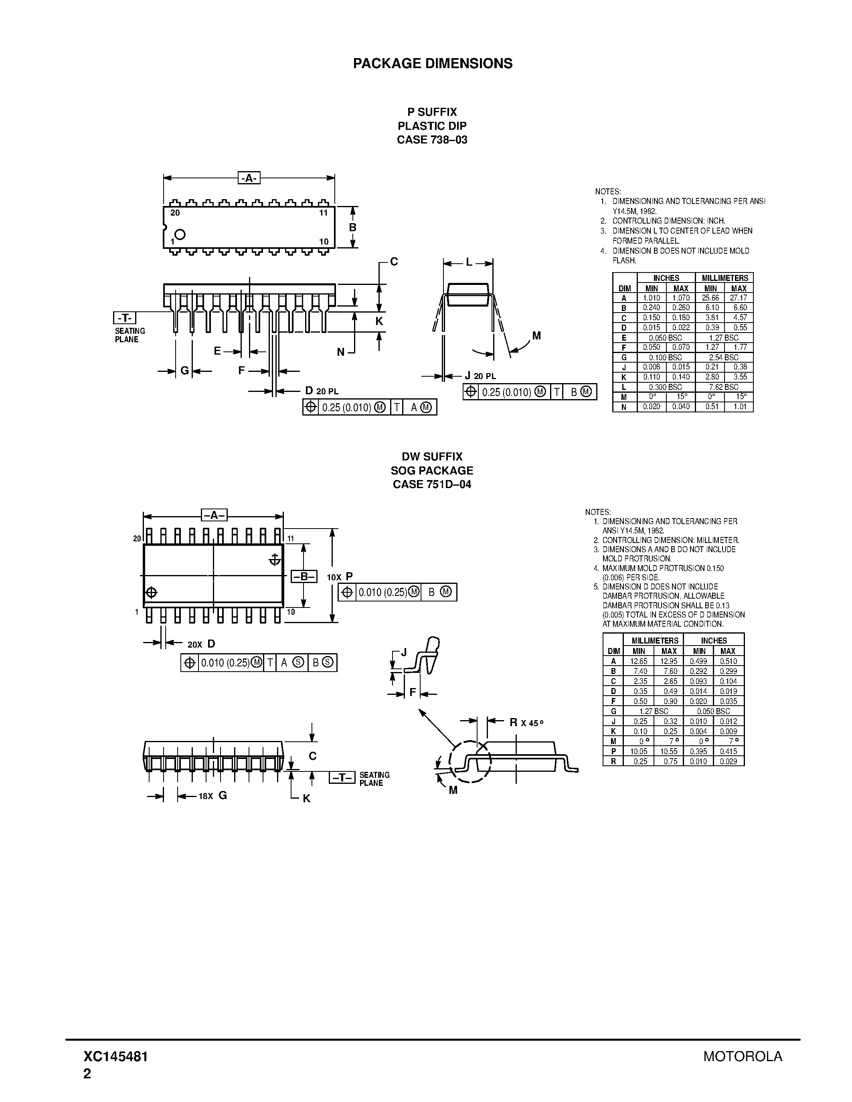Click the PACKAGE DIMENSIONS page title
[433, 64]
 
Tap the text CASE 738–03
[432, 140]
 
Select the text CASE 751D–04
[432, 484]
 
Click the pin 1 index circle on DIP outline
[180, 234]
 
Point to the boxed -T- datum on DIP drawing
[125, 318]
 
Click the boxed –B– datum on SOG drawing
[304, 576]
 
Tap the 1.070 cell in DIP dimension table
[681, 298]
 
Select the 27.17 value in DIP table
[739, 298]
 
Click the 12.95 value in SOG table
[669, 661]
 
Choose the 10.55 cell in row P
[669, 751]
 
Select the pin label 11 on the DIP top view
[324, 213]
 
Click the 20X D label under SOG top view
[201, 644]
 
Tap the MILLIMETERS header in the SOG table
[654, 641]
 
